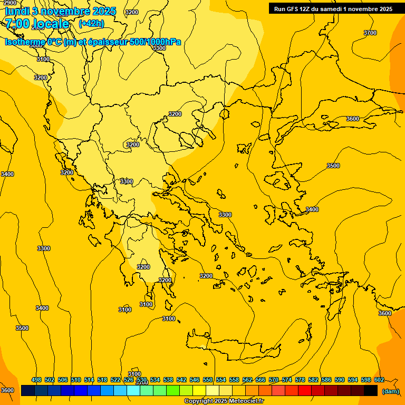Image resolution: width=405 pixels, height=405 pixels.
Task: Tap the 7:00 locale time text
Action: click(37, 24)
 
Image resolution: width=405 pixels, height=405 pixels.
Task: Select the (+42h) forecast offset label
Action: click(91, 24)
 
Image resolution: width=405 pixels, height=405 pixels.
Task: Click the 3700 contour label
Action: click(370, 33)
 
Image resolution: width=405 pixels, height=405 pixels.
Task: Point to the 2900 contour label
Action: click(9, 3)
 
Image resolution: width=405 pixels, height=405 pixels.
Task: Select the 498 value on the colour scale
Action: click(36, 380)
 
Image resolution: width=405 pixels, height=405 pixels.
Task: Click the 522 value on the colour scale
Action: click(115, 380)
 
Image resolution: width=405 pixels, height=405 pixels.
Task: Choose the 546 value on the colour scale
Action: click(195, 380)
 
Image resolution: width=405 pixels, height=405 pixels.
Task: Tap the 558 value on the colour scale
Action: click(234, 380)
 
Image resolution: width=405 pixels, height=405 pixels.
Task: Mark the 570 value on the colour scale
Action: click(274, 380)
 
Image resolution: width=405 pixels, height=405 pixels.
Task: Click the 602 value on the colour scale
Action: click(379, 380)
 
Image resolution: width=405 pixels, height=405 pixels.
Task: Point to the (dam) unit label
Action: click(390, 391)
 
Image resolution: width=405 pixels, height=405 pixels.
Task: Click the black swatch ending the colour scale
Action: click(370, 391)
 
